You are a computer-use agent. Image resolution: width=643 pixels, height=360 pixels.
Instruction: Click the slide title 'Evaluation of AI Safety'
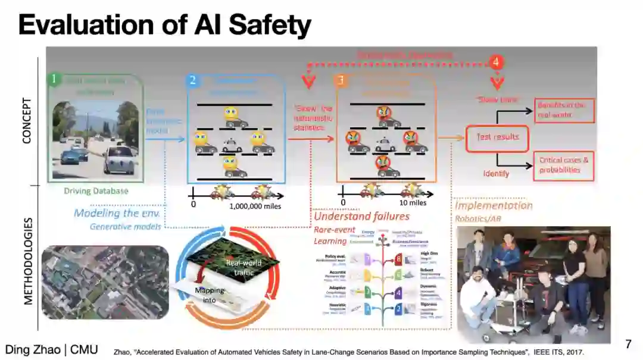point(164,26)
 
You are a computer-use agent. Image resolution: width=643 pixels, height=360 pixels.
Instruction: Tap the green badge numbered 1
point(54,79)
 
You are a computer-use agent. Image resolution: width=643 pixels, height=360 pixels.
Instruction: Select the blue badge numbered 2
point(193,80)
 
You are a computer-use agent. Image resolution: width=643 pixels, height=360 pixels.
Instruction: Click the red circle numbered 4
point(496,61)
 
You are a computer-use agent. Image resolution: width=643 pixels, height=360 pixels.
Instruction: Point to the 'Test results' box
point(498,137)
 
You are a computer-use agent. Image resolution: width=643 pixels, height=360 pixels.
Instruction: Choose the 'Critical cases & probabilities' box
point(564,165)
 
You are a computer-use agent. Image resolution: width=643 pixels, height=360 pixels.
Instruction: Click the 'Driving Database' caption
point(96,191)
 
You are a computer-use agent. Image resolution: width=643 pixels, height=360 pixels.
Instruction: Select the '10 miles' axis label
point(414,203)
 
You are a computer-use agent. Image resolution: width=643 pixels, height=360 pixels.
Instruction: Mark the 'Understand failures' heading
point(361,216)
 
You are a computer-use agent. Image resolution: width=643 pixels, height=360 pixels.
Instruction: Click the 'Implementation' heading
point(494,206)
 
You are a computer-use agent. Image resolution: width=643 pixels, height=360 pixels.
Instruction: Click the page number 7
point(628,344)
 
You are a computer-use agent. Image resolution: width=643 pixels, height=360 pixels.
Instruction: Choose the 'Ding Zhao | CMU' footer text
point(52,349)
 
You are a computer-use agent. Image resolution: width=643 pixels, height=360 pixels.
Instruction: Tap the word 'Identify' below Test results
point(496,174)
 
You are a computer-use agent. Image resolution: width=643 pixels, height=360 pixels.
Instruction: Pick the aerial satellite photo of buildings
point(105,282)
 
